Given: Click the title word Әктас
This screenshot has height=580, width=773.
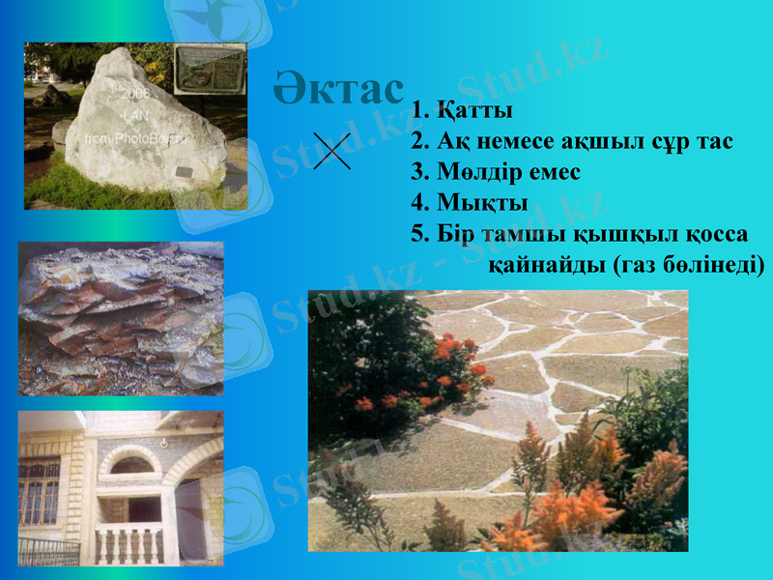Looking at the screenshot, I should point(337,90).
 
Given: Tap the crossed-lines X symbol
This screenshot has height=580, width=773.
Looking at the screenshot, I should point(332,151).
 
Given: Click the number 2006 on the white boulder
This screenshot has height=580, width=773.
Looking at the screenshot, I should point(134,95).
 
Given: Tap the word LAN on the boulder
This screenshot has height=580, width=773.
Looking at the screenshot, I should point(134,116).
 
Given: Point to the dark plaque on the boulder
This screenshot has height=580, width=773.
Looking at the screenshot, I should point(182,171).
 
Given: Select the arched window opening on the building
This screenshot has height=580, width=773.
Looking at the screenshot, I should point(130,464).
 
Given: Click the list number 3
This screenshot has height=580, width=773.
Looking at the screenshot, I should point(417,173).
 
